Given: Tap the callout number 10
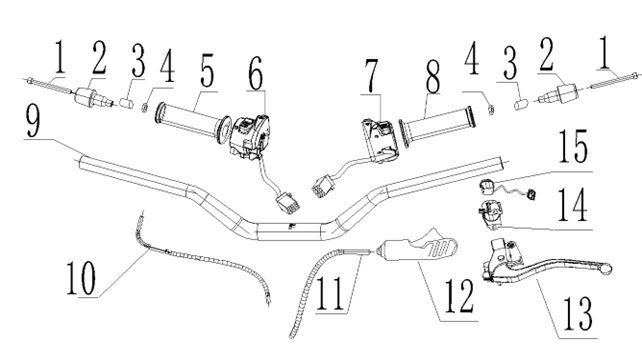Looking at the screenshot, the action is click(x=81, y=277).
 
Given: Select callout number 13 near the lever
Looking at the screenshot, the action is click(x=578, y=313).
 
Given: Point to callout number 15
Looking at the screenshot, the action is click(x=573, y=146).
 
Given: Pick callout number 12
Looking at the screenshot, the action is click(x=459, y=297).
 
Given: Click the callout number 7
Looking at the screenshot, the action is click(x=371, y=77).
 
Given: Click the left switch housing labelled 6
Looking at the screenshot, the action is click(x=249, y=135).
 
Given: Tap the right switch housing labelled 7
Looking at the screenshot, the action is click(x=380, y=140).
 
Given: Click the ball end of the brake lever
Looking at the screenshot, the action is click(x=606, y=269).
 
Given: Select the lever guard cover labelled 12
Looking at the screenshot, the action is click(x=417, y=246).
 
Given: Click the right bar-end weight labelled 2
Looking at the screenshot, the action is click(x=558, y=95).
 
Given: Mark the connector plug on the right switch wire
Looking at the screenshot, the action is click(x=323, y=186).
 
